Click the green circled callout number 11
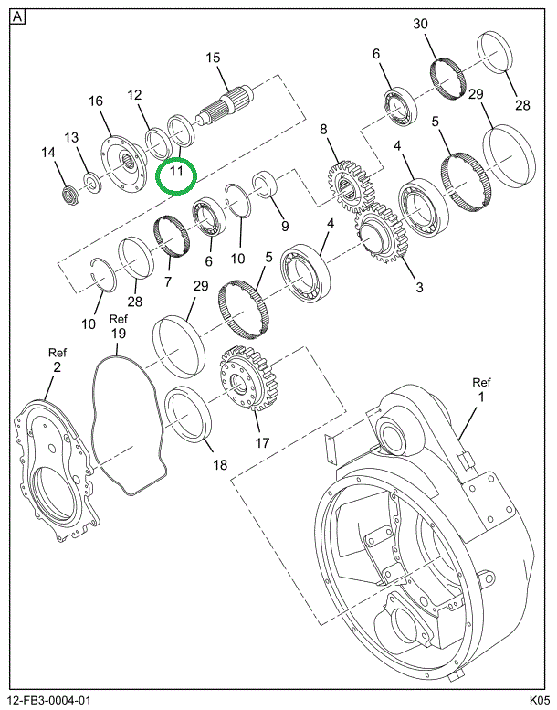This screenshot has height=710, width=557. pyautogui.click(x=176, y=171)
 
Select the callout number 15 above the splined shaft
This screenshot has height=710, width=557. pyautogui.click(x=213, y=58)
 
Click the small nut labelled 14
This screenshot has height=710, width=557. pyautogui.click(x=70, y=195)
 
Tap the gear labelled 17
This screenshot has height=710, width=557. pyautogui.click(x=249, y=378)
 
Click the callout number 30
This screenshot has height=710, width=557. pyautogui.click(x=420, y=24)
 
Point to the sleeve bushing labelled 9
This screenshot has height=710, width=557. pyautogui.click(x=266, y=185)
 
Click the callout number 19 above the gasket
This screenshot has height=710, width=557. pyautogui.click(x=118, y=334)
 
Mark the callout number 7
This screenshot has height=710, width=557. pyautogui.click(x=168, y=281)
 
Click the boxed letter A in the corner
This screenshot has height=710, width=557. pyautogui.click(x=17, y=17)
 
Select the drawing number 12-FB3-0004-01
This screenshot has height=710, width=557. pyautogui.click(x=50, y=700)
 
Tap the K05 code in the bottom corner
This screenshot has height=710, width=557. pyautogui.click(x=541, y=700)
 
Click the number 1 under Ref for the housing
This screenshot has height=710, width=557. pyautogui.click(x=481, y=397)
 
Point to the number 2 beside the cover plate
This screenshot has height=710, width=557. pyautogui.click(x=57, y=366)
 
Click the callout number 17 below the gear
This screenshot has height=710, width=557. pyautogui.click(x=262, y=442)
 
